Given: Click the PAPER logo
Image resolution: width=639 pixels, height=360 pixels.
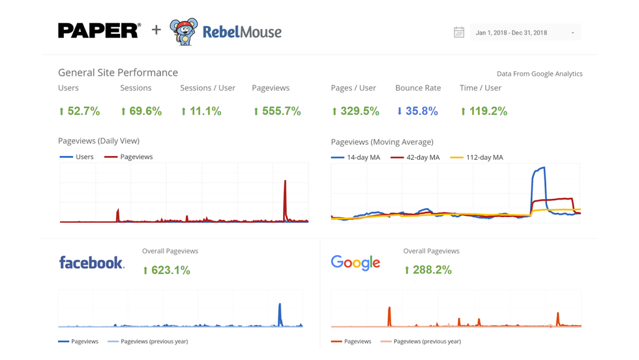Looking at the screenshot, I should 98,31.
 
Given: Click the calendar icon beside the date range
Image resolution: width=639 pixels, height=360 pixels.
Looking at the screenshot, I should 459,33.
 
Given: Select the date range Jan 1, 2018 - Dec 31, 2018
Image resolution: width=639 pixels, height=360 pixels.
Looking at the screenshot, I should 512,33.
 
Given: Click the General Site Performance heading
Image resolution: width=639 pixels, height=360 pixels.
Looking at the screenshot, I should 118,72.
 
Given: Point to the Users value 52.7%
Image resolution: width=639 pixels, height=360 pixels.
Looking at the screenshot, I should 80,112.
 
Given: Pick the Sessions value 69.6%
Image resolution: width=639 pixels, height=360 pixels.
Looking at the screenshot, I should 141,112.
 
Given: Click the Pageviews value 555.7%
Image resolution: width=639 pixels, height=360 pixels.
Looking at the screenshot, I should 277,112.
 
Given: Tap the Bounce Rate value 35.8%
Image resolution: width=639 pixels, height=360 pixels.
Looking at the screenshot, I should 417,112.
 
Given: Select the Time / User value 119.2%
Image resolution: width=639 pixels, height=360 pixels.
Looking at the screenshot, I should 483,112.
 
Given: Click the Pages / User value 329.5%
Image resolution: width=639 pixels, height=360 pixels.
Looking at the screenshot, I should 355,112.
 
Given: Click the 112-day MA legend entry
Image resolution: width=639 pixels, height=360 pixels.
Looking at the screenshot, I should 477,157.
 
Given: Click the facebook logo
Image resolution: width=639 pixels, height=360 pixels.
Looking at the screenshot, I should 91,262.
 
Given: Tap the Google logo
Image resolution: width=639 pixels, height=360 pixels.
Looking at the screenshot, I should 355,262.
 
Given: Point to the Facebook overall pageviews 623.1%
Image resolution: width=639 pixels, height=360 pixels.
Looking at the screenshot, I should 166,270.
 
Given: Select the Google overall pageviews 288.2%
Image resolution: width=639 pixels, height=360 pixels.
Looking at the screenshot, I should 428,270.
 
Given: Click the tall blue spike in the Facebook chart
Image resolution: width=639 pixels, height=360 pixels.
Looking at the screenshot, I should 280,313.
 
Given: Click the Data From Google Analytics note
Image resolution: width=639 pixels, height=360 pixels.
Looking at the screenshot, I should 539,74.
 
